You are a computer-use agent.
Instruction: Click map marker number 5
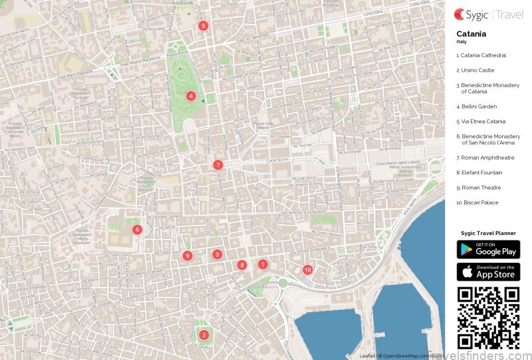(x=203, y=26)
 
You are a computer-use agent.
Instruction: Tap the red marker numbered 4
(x=191, y=96)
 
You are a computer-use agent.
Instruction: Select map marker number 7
(x=217, y=165)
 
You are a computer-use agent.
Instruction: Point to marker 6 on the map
(x=137, y=230)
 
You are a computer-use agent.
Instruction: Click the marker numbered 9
(x=188, y=256)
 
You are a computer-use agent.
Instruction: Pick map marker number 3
(x=217, y=254)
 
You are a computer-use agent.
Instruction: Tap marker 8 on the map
(x=242, y=265)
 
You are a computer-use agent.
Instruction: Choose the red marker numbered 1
(x=263, y=264)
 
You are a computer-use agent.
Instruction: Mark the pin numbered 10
(x=307, y=270)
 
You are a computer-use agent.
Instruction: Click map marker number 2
(x=203, y=335)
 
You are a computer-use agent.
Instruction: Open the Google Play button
(x=488, y=250)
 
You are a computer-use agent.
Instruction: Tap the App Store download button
(x=488, y=272)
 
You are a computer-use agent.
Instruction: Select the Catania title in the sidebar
(x=471, y=34)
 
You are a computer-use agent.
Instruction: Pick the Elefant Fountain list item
(x=481, y=172)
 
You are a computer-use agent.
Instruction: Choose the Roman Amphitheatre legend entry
(x=487, y=158)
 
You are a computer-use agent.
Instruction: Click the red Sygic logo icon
(x=460, y=13)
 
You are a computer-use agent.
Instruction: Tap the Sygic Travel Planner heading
(x=488, y=233)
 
